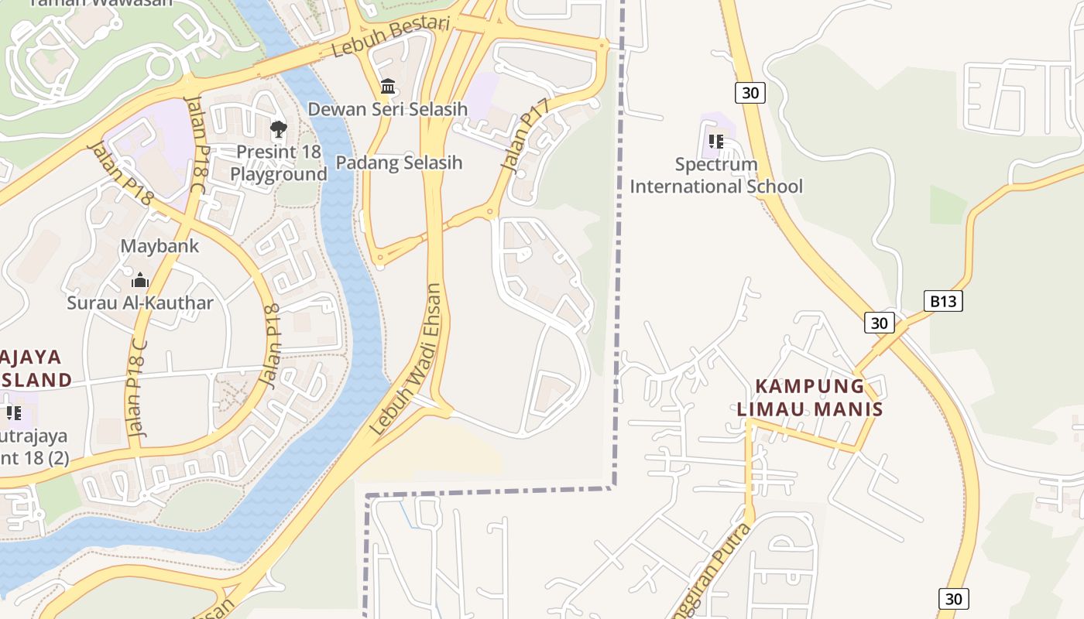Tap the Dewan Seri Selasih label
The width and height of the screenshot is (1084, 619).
pyautogui.click(x=388, y=109)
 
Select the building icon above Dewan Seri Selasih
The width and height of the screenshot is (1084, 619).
pyautogui.click(x=388, y=86)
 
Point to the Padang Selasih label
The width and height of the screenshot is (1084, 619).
pyautogui.click(x=399, y=162)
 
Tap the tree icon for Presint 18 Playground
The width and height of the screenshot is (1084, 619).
pyautogui.click(x=278, y=128)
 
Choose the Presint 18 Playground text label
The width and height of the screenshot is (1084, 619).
pyautogui.click(x=279, y=163)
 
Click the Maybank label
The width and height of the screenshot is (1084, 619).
pyautogui.click(x=160, y=246)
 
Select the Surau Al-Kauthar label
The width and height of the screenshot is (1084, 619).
pyautogui.click(x=140, y=303)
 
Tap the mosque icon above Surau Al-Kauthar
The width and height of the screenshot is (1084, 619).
pyautogui.click(x=140, y=279)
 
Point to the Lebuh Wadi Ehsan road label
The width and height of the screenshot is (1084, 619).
pyautogui.click(x=406, y=360)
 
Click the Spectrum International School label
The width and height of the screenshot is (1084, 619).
pyautogui.click(x=716, y=176)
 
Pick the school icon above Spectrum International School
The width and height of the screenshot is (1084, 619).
pyautogui.click(x=716, y=142)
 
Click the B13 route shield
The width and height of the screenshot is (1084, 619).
pyautogui.click(x=943, y=301)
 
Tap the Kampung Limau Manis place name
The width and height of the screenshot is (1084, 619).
pyautogui.click(x=810, y=397)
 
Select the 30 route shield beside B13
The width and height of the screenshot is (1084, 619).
pyautogui.click(x=880, y=323)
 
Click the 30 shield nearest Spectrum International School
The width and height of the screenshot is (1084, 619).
pyautogui.click(x=750, y=93)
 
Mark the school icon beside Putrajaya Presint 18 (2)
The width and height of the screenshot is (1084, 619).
pyautogui.click(x=14, y=412)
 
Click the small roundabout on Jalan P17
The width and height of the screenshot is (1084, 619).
pyautogui.click(x=490, y=210)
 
